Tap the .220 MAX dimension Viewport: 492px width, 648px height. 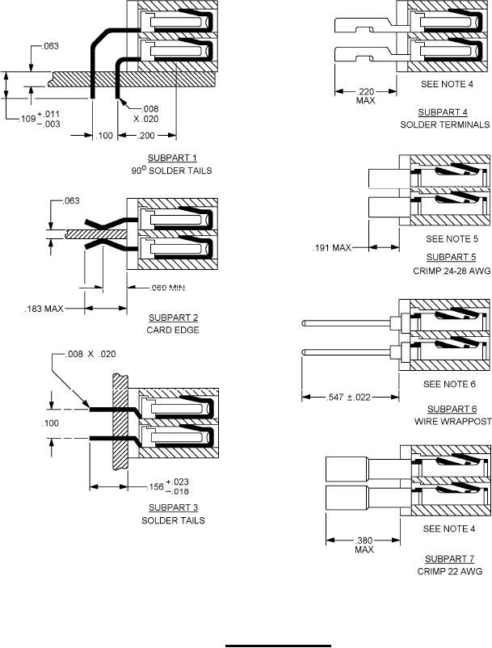click(365, 95)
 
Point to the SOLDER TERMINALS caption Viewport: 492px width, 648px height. click(444, 124)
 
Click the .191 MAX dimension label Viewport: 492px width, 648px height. click(332, 248)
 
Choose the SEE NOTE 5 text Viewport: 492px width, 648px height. click(452, 239)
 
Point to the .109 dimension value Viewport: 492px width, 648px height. click(27, 118)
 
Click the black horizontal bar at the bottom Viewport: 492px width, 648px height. click(278, 646)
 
